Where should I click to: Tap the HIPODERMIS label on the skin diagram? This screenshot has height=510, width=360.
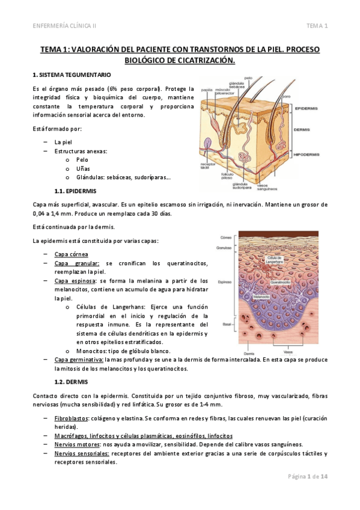308,153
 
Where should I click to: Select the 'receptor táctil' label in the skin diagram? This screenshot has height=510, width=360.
209,165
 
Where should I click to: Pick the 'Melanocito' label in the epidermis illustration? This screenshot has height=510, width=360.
261,296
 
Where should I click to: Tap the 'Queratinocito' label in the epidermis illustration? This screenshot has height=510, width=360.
281,281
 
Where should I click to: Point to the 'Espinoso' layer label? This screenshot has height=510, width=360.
225,281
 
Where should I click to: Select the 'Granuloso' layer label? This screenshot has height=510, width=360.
224,248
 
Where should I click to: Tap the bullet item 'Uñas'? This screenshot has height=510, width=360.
82,169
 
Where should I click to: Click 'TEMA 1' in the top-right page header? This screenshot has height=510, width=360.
317,26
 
